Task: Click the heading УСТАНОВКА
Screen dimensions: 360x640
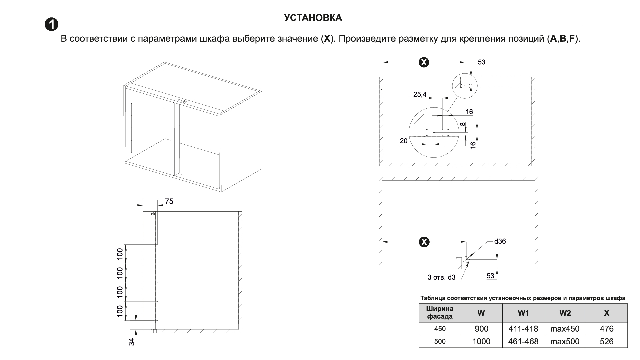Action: pos(313,18)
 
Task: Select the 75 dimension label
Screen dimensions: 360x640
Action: pos(169,201)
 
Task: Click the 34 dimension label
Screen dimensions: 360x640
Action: pos(132,342)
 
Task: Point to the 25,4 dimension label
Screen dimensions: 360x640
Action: pos(420,94)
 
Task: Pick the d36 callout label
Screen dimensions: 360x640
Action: pos(500,241)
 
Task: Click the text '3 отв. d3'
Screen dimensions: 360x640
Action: pos(441,277)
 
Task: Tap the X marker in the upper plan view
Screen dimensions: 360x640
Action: pos(424,62)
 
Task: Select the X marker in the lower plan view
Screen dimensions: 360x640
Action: pos(424,242)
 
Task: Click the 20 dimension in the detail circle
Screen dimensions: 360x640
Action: pos(403,141)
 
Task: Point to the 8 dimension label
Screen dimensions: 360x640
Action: pos(463,124)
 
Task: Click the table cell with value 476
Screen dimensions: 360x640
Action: pos(606,329)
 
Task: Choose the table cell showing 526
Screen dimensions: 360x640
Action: pos(606,341)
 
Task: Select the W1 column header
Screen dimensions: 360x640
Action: pos(523,313)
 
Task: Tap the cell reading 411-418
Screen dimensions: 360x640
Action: pos(523,329)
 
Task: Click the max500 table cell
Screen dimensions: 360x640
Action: pos(565,341)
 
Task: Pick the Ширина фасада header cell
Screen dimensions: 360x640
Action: pos(440,313)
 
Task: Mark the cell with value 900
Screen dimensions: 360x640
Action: pos(481,329)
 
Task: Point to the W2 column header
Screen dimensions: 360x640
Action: pos(565,313)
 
